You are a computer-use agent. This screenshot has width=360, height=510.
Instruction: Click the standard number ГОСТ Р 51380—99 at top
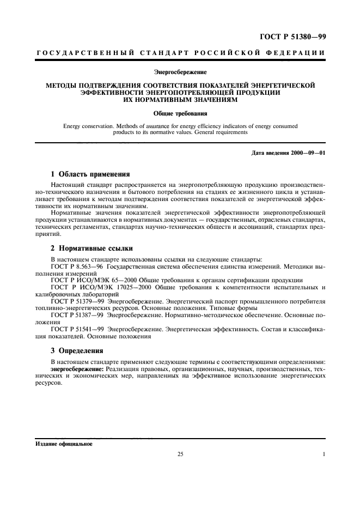(x=295, y=37)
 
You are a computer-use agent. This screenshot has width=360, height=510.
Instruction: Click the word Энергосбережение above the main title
(x=180, y=71)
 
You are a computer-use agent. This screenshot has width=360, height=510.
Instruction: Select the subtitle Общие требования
(x=180, y=114)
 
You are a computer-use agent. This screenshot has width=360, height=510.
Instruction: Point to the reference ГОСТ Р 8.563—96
(x=78, y=269)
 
